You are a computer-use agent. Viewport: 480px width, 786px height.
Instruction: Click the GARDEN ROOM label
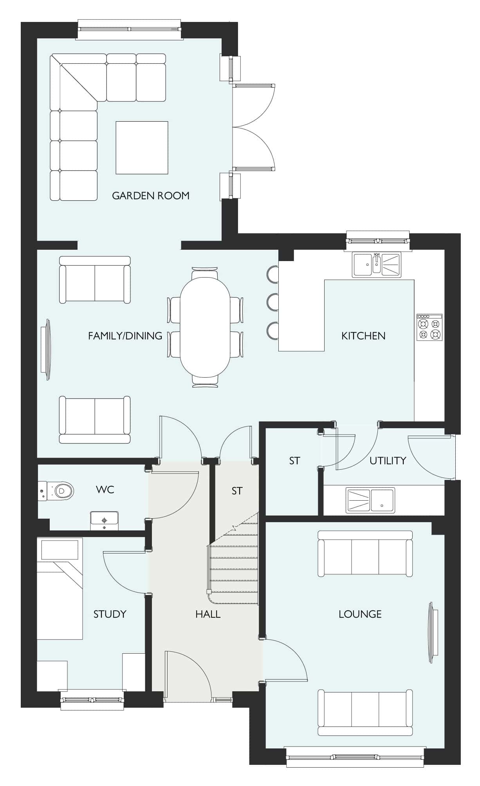coord(151,195)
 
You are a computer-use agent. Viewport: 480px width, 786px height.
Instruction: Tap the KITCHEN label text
coord(363,335)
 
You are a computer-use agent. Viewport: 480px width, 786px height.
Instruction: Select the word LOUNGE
coord(360,614)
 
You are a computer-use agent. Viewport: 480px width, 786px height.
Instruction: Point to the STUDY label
coord(110,614)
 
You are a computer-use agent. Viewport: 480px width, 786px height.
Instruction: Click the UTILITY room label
coord(388,460)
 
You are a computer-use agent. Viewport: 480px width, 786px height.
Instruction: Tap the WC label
coord(105,489)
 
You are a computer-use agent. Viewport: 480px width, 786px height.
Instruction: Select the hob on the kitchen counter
coord(429,327)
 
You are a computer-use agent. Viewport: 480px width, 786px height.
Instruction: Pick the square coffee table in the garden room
coord(142,148)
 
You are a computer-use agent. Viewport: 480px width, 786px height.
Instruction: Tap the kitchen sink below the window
coord(376,265)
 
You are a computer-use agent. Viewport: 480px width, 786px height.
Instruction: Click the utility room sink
coord(370,500)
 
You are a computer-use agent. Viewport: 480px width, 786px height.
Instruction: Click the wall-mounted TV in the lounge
coord(433,632)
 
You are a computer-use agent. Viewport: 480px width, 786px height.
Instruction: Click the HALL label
coord(208,614)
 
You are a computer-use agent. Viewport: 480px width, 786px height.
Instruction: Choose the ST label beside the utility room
coord(294,461)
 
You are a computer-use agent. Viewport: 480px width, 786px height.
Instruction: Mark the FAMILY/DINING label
coord(125,335)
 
